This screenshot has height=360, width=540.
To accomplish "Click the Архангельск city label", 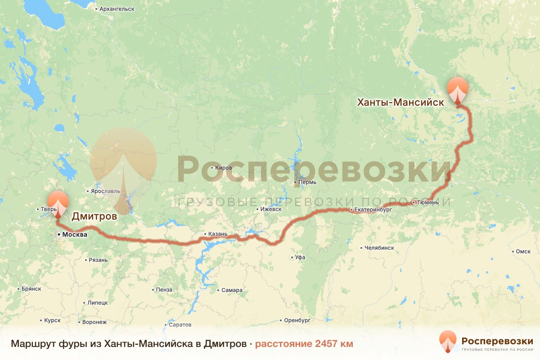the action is [116, 9].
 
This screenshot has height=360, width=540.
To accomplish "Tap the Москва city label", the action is [74, 234].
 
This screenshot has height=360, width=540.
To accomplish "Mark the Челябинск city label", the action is [379, 247].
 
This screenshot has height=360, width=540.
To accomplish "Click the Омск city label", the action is [523, 252].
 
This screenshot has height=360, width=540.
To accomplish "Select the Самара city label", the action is [232, 290].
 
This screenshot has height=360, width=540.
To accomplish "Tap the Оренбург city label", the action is [297, 321].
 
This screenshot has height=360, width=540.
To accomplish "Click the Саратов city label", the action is [180, 324].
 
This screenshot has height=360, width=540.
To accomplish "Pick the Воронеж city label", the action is [94, 322].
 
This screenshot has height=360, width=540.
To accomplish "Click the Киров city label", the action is [224, 168].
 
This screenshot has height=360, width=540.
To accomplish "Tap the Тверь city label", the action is [48, 209].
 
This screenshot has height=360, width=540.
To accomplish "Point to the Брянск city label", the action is [31, 289].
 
